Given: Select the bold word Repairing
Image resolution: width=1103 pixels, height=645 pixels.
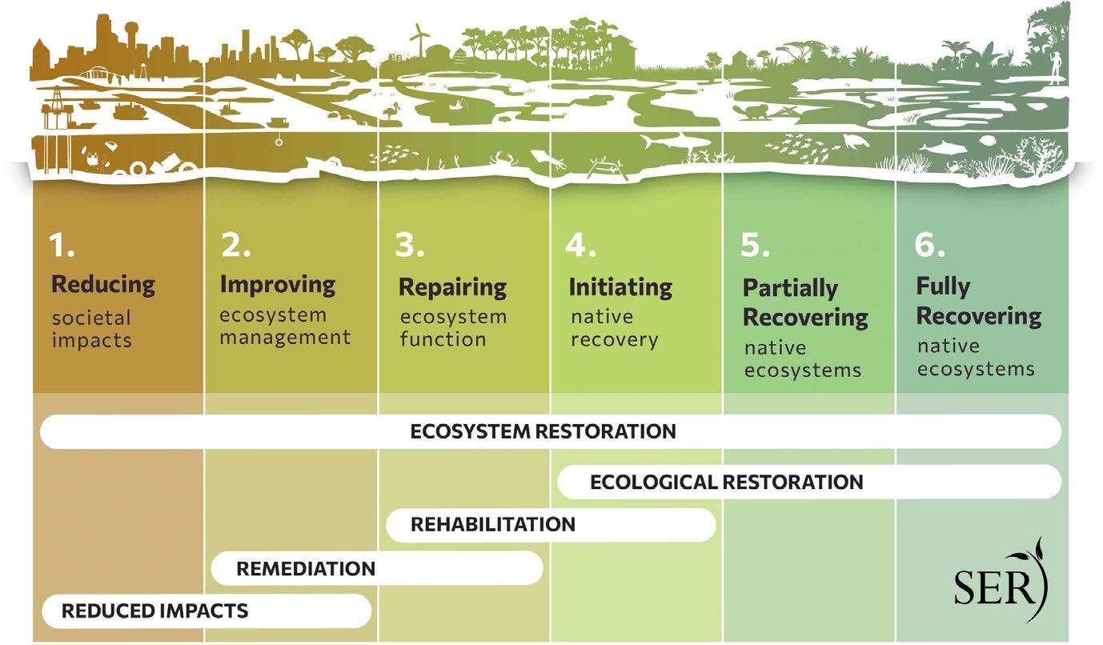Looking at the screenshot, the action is coord(452,286).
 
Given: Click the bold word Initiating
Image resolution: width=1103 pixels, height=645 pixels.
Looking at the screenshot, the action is coord(620,286).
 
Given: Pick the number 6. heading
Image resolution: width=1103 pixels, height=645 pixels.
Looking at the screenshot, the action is coord(930,246).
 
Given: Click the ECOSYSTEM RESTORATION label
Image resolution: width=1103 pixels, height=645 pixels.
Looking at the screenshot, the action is coord(543,431).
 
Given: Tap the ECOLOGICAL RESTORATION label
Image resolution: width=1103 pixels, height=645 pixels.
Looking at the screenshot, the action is coord(726,482).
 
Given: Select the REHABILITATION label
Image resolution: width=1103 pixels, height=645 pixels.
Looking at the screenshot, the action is coord(492,525).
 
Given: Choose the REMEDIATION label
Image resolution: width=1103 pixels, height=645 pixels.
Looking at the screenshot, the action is coord(306,569).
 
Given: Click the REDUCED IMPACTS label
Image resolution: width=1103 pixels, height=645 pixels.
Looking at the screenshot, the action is coord(155,611).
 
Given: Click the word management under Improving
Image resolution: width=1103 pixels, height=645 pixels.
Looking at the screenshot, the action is coord(285,336).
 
